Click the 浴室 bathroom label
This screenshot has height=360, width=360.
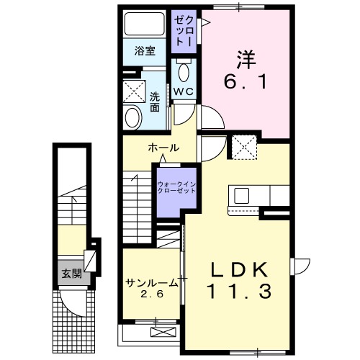pyautogui.click(x=145, y=51)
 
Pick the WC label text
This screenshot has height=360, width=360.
pyautogui.click(x=185, y=92)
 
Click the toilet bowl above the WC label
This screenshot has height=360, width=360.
pyautogui.click(x=184, y=72)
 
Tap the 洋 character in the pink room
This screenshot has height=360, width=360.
pyautogui.click(x=246, y=55)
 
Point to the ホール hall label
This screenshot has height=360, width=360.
pyautogui.click(x=163, y=148)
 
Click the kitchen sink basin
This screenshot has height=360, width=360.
pyautogui.click(x=240, y=195)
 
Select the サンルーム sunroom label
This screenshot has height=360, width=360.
pyautogui.click(x=149, y=282)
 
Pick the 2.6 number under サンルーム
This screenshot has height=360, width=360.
pyautogui.click(x=150, y=294)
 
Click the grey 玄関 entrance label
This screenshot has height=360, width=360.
pyautogui.click(x=70, y=273)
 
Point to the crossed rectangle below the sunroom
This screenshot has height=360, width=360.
pyautogui.click(x=163, y=332)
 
